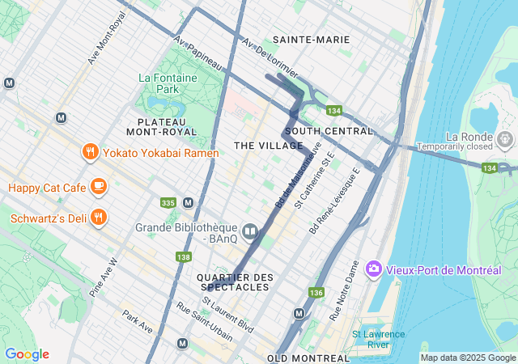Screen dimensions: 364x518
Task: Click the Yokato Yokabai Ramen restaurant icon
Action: tap(90, 152)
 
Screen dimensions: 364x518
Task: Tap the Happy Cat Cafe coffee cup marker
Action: tap(98, 188)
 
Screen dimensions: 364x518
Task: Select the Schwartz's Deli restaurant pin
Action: tap(98, 218)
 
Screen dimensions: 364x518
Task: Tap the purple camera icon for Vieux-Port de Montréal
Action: tap(374, 269)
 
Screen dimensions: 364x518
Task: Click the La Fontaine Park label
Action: tap(168, 83)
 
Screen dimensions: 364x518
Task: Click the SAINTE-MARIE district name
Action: tap(311, 39)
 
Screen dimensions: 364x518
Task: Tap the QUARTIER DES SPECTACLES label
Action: tap(235, 281)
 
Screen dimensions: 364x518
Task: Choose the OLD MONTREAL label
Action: tap(308, 358)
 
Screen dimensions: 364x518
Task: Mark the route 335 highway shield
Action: tap(168, 202)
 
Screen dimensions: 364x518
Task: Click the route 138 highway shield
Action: tap(183, 256)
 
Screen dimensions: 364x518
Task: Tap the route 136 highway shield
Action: tap(316, 292)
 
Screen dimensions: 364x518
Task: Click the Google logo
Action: tap(27, 354)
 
